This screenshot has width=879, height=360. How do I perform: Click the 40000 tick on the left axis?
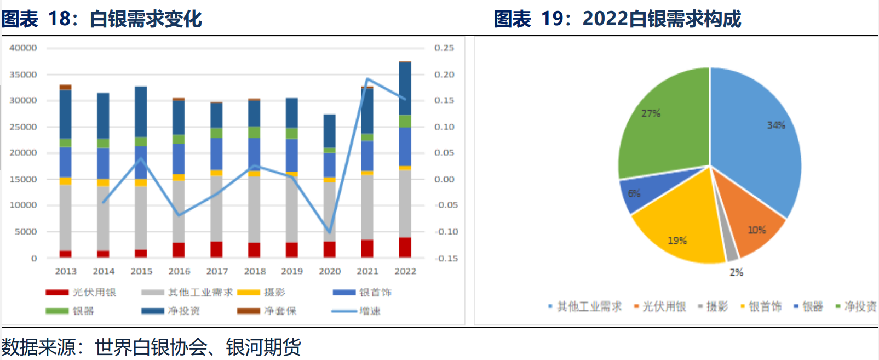coord(23,48)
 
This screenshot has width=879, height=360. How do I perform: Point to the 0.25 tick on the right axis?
coord(444,48)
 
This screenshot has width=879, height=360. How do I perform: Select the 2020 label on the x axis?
coord(330,271)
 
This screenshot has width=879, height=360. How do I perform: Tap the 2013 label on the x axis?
coord(66,271)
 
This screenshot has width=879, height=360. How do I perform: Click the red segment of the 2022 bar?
coord(405,247)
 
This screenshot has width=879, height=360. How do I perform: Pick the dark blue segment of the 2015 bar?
coord(141,112)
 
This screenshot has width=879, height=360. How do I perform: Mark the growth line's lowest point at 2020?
coord(330,232)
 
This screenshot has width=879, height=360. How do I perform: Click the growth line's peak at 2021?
coord(367,79)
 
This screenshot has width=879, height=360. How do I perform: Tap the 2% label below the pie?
coord(737,272)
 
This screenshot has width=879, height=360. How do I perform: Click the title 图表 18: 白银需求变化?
coord(102,19)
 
